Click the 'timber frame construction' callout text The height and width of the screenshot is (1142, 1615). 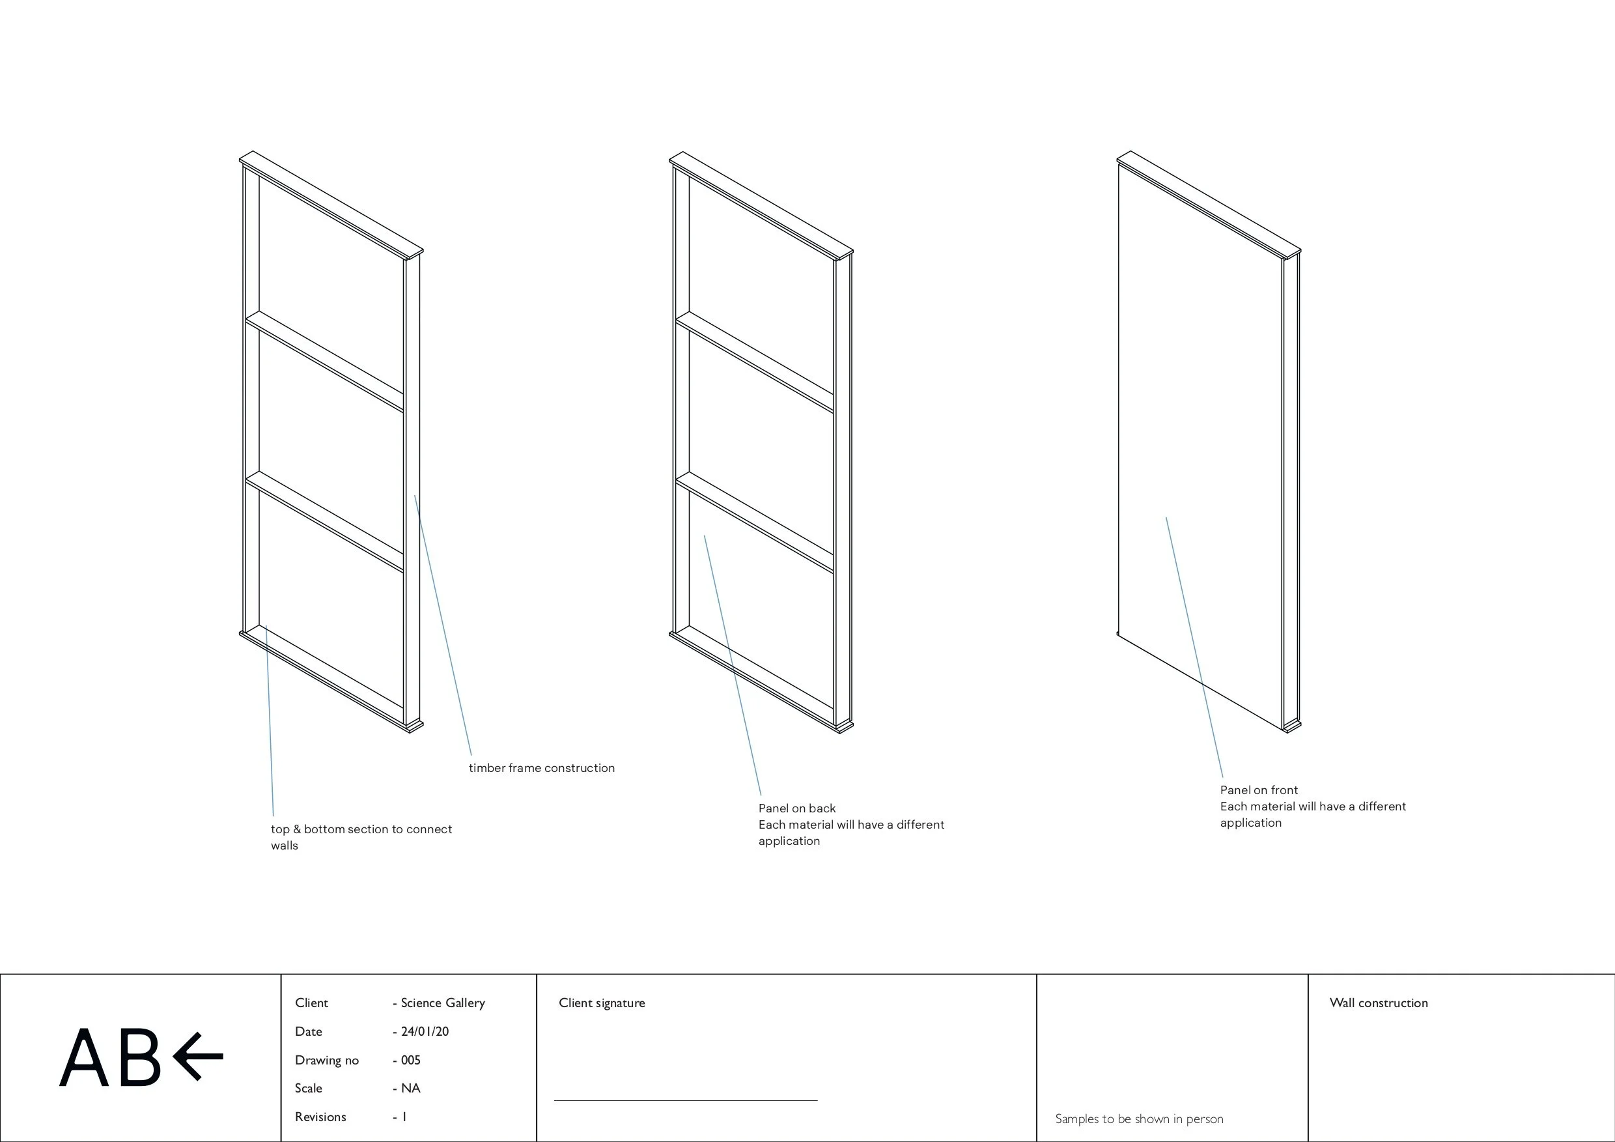tap(542, 767)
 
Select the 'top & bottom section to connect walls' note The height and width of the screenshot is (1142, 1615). tap(361, 836)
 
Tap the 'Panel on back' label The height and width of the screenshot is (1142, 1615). tap(797, 808)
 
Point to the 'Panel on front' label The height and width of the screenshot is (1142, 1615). tap(1259, 790)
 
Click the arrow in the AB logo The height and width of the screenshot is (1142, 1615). tap(198, 1055)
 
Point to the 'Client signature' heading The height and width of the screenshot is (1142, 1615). tap(602, 1003)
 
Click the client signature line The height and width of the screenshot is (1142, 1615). tap(685, 1100)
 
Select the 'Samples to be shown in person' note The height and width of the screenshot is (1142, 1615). tap(1139, 1119)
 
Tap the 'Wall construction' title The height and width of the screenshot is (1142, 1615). tap(1378, 1003)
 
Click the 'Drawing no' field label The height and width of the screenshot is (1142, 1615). tap(326, 1060)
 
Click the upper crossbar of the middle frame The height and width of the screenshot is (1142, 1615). tap(754, 362)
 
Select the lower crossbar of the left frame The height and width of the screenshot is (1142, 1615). tap(324, 521)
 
